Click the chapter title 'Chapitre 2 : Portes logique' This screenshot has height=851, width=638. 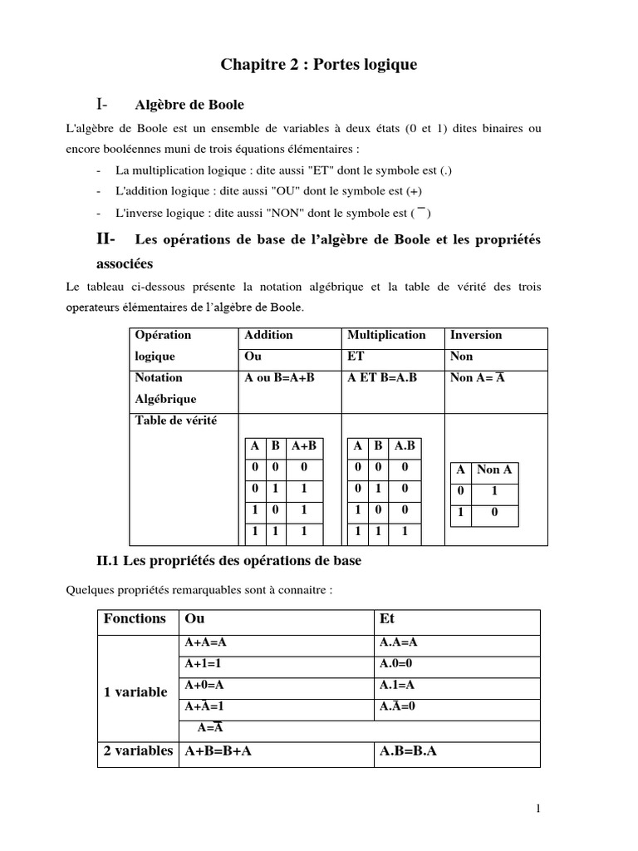[318, 65]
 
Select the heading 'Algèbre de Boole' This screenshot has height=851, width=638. [189, 106]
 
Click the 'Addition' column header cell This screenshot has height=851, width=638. [268, 335]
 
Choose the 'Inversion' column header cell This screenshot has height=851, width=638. [476, 335]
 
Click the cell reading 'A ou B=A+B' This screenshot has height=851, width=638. [280, 378]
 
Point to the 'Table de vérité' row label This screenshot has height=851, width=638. [175, 421]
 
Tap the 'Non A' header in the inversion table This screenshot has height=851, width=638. [494, 470]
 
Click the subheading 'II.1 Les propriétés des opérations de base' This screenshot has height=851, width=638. [229, 561]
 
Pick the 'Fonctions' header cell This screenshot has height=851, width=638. [135, 619]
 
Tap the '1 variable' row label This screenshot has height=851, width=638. [135, 692]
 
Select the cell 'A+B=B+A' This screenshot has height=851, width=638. [218, 751]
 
